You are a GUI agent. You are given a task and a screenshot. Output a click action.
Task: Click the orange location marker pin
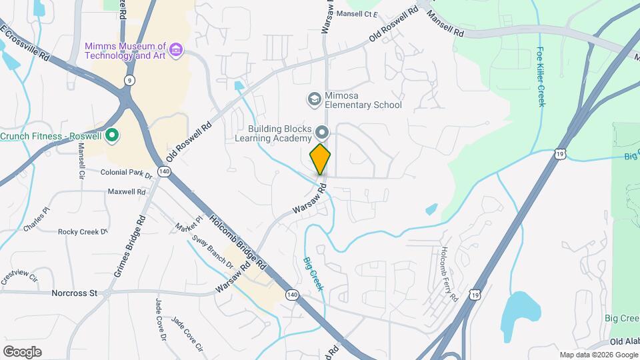(321, 159)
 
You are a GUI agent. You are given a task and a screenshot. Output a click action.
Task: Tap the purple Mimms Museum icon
(176, 51)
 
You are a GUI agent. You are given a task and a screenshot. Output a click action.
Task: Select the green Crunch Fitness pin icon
(112, 136)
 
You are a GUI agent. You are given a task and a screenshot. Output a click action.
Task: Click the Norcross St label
(75, 293)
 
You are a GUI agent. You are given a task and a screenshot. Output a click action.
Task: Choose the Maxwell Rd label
(127, 192)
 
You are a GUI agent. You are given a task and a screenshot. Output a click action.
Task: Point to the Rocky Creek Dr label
(83, 232)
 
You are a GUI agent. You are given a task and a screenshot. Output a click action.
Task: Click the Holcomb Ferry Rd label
(447, 273)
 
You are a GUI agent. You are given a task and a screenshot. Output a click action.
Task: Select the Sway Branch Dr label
(213, 252)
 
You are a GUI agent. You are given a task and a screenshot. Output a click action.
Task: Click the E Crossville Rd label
(25, 44)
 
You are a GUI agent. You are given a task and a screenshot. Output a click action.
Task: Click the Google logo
(22, 351)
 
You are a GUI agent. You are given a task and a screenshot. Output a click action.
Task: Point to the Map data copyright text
(597, 355)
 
